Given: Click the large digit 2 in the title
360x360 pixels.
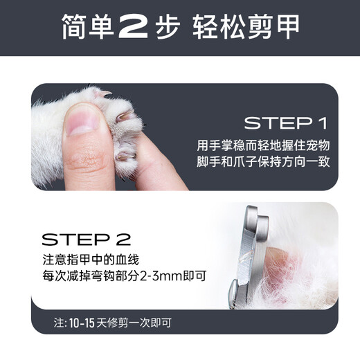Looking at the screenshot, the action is tap(134, 27).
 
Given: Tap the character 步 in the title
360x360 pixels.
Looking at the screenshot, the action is tap(168, 27).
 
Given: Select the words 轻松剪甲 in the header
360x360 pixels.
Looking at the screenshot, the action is tap(246, 26).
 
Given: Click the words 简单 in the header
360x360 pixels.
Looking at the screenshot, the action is tap(87, 26).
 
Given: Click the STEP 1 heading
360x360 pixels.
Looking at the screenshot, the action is tap(286, 123).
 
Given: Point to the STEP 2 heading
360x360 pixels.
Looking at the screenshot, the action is tap(87, 240).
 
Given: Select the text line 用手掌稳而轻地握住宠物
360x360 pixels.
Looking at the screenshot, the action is tap(263, 145).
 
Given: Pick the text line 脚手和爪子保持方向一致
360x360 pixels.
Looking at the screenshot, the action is tap(263, 161).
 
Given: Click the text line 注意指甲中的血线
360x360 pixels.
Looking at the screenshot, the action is tap(91, 260).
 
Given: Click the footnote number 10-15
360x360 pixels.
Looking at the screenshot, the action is tap(82, 323).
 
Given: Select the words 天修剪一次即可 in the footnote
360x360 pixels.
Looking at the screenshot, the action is tap(134, 323).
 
